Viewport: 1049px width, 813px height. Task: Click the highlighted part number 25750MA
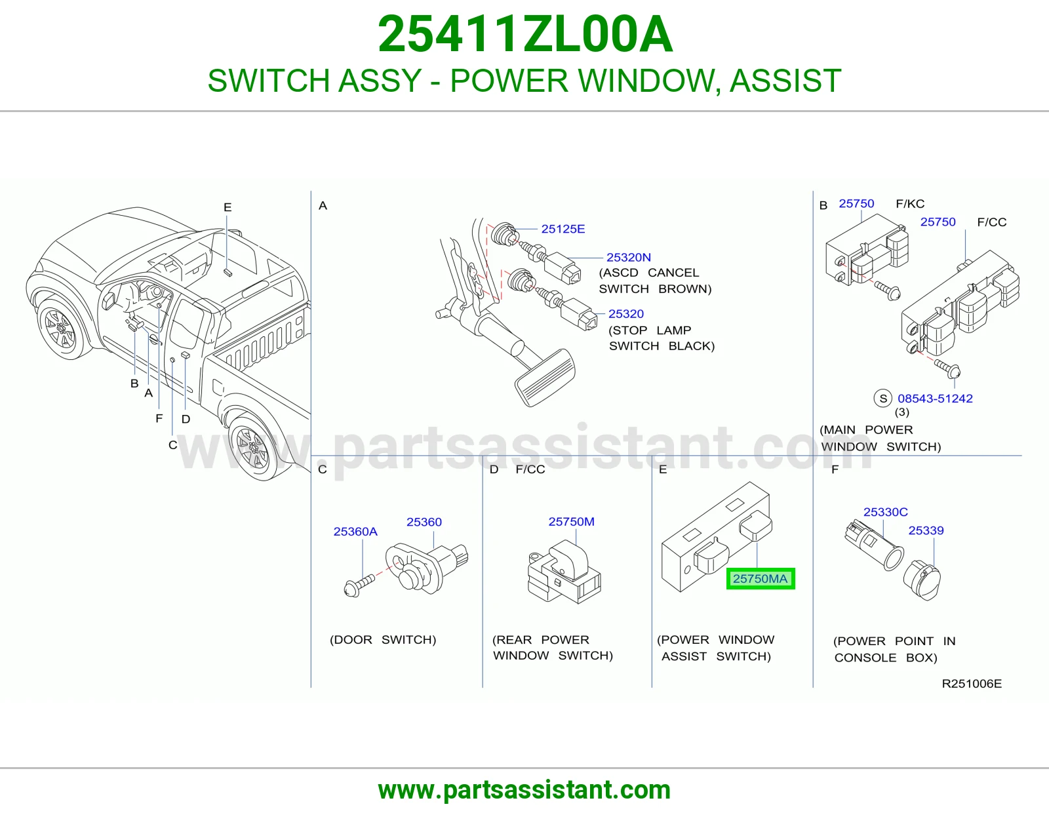point(760,578)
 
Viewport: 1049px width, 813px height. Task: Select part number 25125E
point(563,229)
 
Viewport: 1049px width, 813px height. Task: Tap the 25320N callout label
point(629,257)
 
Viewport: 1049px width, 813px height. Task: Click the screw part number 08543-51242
point(935,398)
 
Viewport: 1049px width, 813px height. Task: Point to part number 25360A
point(355,532)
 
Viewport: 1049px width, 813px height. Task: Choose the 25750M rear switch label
point(571,521)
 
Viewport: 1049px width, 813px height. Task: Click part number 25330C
point(885,512)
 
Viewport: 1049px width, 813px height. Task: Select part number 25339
point(926,530)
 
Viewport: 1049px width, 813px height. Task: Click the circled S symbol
point(883,398)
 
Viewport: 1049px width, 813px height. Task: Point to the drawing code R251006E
point(972,684)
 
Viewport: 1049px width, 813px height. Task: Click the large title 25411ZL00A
point(524,34)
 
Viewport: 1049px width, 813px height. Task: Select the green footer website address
point(524,790)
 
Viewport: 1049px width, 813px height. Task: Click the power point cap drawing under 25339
point(922,581)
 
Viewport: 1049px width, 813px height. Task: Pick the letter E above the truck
point(228,207)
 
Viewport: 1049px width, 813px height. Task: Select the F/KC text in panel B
point(910,204)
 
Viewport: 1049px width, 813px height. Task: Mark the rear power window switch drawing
point(564,572)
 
